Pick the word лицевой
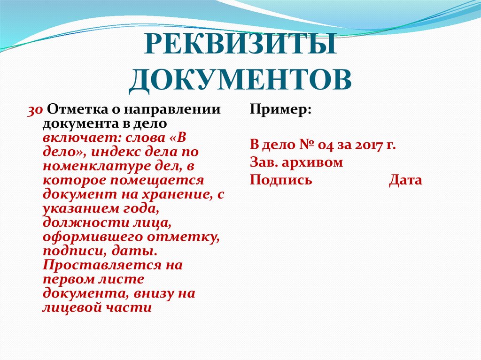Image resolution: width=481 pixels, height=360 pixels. coord(70,308)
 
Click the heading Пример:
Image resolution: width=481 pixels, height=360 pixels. coord(280,110)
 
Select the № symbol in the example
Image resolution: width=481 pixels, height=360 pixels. coord(307,145)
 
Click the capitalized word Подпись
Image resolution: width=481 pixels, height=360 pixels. coord(280,181)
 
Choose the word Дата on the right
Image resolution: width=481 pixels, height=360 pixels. coord(405,180)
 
